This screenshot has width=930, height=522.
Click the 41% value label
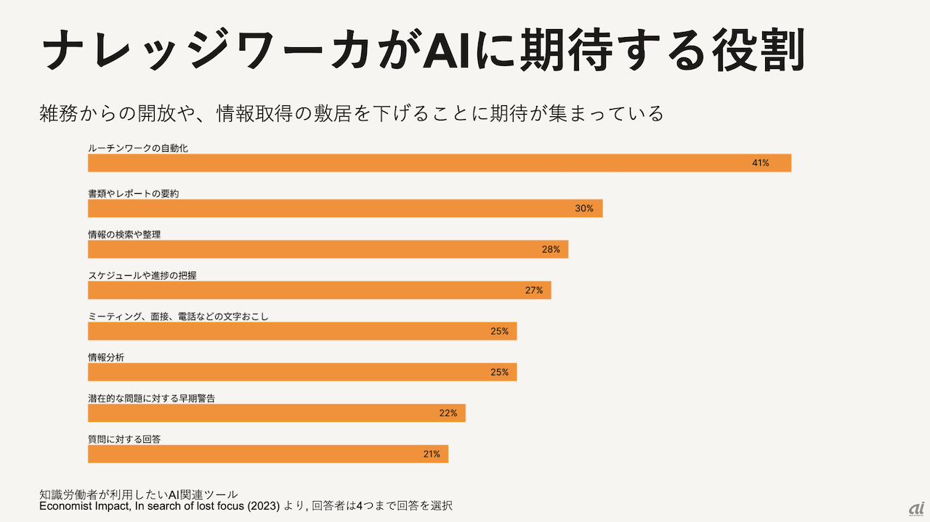[x=760, y=163]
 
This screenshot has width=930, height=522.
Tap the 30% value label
[x=584, y=208]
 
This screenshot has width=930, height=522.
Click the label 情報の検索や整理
[x=124, y=235]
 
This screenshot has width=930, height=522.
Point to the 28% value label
[x=551, y=250]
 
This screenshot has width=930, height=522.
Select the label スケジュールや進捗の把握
[x=142, y=275]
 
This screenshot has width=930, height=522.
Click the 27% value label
[x=534, y=290]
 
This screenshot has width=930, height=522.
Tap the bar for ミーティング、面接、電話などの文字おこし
[x=302, y=331]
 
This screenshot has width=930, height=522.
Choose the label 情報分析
[x=106, y=357]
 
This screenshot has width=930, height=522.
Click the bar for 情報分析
[x=302, y=372]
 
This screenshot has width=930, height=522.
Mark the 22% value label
[x=448, y=413]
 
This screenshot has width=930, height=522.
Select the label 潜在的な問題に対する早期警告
[x=151, y=398]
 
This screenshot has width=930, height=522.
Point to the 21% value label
[x=432, y=454]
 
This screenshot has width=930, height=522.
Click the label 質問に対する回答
[x=124, y=439]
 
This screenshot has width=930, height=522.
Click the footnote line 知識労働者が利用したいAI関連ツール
[x=139, y=494]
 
